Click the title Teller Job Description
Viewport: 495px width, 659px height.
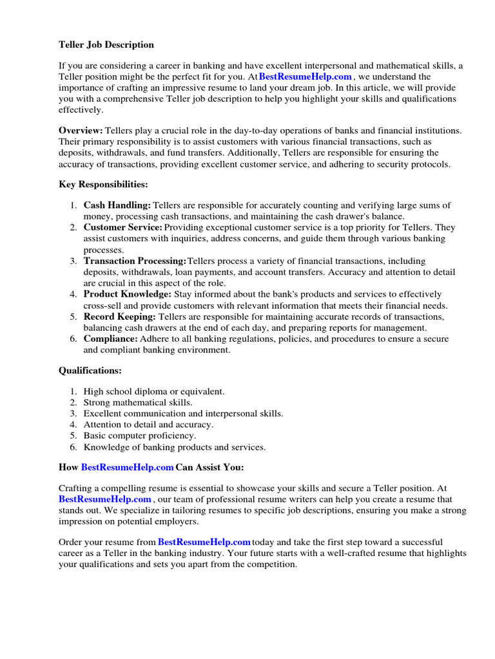106,45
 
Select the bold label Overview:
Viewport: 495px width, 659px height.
81,130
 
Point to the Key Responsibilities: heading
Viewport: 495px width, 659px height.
103,185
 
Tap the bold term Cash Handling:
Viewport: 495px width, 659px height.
117,205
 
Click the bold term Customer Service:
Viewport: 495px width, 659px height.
123,227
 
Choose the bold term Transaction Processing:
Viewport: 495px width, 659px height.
135,261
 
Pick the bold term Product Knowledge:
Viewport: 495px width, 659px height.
128,294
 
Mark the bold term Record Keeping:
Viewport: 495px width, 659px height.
120,317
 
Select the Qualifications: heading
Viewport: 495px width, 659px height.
90,371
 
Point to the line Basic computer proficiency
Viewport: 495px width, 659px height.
140,436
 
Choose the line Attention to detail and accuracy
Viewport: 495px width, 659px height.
148,425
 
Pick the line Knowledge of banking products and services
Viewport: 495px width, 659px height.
175,447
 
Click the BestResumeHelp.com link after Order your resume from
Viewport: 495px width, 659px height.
204,542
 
